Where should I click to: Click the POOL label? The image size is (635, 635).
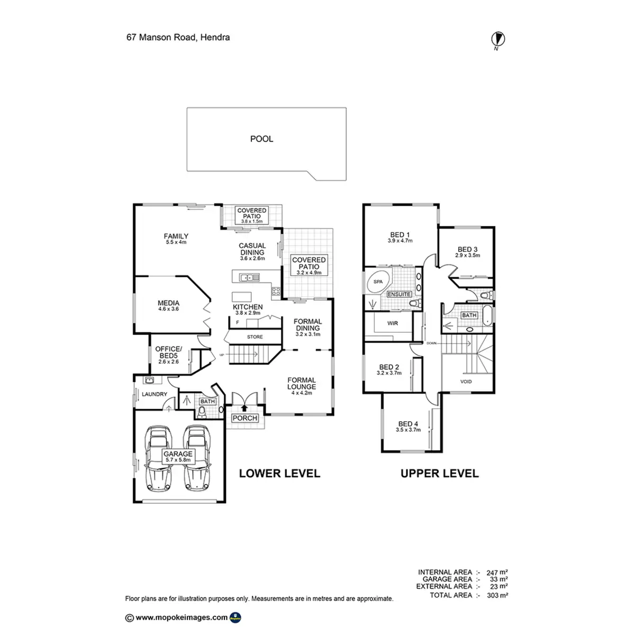(x=261, y=139)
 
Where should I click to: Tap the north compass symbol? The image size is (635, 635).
(x=498, y=39)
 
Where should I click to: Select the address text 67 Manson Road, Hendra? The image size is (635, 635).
(x=178, y=38)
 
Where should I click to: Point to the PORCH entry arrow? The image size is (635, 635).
(x=244, y=407)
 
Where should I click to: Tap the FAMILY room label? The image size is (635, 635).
(x=176, y=237)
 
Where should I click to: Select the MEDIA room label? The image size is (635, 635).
(x=168, y=304)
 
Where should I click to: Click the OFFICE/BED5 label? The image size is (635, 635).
(x=168, y=352)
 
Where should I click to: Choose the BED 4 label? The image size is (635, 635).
(x=408, y=424)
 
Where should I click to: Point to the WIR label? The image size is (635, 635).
(x=392, y=323)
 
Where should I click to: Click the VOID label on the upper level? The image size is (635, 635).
(x=466, y=382)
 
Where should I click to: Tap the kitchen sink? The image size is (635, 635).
(x=248, y=277)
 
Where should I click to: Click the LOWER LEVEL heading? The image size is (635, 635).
(x=279, y=473)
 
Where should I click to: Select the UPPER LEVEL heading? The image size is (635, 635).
(x=439, y=474)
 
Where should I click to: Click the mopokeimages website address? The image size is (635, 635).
(x=182, y=617)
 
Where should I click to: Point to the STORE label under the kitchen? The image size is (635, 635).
(x=255, y=337)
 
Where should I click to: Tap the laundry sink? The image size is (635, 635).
(x=149, y=380)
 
